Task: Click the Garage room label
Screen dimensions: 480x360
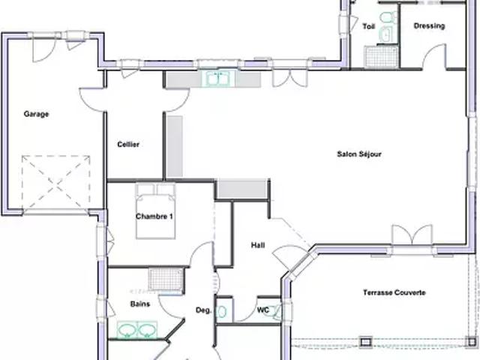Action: click(36, 114)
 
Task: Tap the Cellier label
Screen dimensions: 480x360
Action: click(128, 144)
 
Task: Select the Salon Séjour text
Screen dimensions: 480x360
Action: click(359, 154)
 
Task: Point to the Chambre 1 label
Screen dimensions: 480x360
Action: click(154, 217)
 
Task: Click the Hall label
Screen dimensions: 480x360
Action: click(258, 245)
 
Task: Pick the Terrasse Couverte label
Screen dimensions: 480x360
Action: click(394, 292)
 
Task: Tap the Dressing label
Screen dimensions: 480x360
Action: click(429, 26)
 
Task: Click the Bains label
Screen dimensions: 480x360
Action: click(140, 304)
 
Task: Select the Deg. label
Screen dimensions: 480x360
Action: click(203, 310)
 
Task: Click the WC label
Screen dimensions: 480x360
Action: click(263, 310)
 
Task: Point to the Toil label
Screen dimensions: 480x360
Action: click(368, 26)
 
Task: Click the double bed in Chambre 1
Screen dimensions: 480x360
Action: click(155, 211)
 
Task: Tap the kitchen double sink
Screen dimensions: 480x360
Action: click(218, 79)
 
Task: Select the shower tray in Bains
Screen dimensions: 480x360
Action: click(166, 279)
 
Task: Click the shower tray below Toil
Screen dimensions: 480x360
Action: click(381, 56)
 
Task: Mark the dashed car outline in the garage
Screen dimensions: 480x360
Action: click(55, 183)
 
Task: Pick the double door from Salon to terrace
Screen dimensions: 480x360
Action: click(412, 235)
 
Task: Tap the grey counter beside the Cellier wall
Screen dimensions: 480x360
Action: click(175, 146)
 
